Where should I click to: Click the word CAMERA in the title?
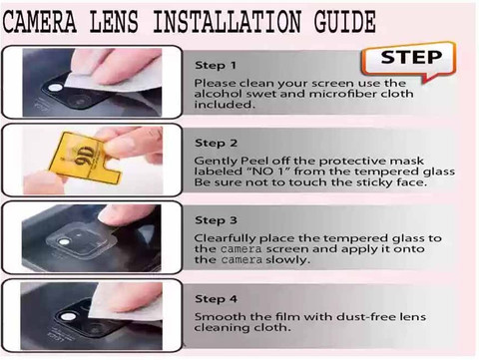39,22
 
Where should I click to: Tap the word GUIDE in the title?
344,22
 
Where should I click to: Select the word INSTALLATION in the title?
228,22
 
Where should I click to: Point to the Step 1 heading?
216,65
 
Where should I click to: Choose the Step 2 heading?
216,143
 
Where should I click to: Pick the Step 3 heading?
216,220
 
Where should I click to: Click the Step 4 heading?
216,298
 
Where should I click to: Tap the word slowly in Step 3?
287,259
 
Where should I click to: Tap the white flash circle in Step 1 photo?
55,88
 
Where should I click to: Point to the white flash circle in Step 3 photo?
64,242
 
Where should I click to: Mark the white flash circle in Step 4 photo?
69,316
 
